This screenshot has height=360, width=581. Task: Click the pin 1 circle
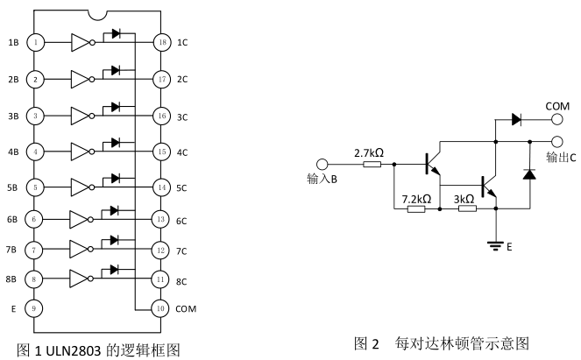pos(36,41)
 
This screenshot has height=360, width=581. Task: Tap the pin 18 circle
pos(160,41)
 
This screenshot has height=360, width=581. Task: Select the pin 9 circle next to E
pos(36,308)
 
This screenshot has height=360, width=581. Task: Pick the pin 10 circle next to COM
pos(160,308)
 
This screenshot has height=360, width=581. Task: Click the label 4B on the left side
pos(12,152)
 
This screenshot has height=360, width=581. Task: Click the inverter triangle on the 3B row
pos(81,115)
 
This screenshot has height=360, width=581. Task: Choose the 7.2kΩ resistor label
pos(415,199)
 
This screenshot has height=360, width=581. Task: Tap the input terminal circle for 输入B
pos(322,164)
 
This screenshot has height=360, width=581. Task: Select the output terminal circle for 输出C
pos(556,141)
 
